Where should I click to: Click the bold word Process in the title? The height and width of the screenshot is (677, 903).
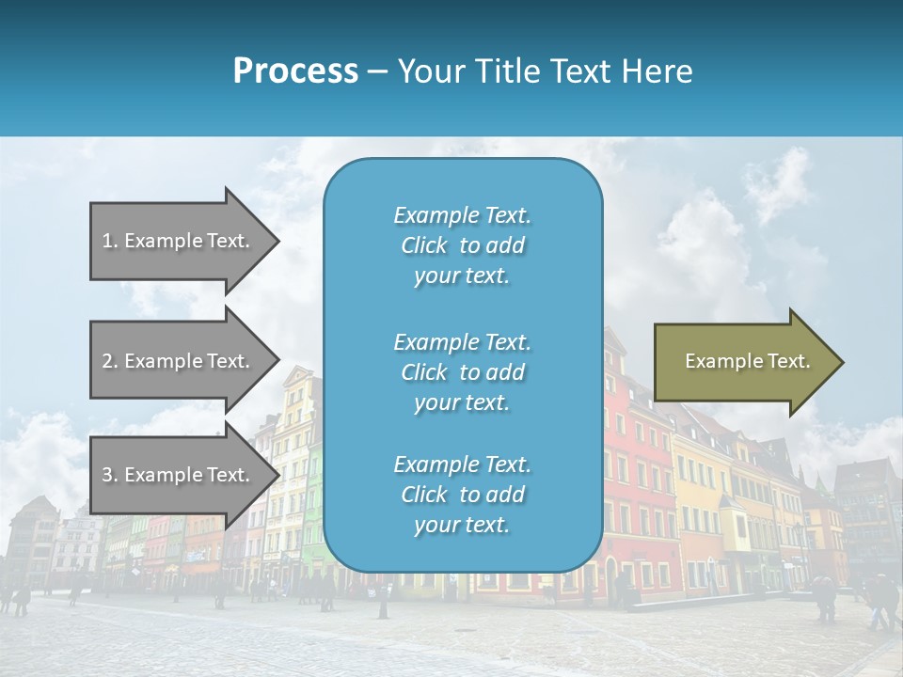(x=295, y=71)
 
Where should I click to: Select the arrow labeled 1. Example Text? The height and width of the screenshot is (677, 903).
(x=179, y=241)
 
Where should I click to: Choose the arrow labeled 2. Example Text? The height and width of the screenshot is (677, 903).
(x=179, y=361)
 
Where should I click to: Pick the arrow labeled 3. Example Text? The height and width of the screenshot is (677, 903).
(x=179, y=475)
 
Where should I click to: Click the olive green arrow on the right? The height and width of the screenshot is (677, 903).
(x=743, y=362)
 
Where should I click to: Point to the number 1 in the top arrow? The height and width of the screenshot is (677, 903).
(x=107, y=241)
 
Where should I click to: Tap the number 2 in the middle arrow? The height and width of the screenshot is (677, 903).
(x=107, y=361)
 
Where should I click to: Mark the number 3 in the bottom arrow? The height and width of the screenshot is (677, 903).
(x=107, y=475)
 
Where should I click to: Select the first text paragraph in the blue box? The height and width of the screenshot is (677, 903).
(x=462, y=245)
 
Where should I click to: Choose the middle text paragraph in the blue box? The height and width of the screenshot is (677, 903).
(x=462, y=372)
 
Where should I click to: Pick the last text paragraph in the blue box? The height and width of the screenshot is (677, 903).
(x=462, y=495)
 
